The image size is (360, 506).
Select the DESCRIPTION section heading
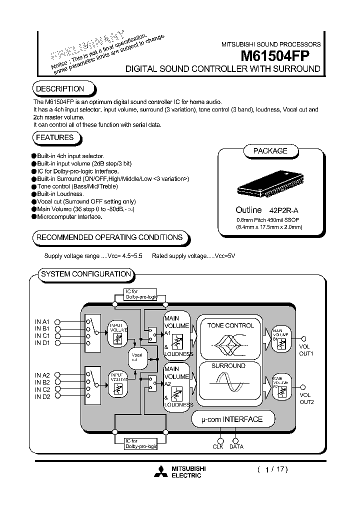(x=59, y=89)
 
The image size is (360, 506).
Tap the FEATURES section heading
(x=55, y=137)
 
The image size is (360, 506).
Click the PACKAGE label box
(x=270, y=150)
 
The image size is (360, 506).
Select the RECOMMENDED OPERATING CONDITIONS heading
(x=109, y=237)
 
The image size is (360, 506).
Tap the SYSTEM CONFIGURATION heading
(x=86, y=274)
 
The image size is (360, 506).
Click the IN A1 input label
(x=42, y=321)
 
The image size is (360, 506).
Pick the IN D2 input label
(x=42, y=396)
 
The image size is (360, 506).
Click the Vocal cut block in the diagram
(x=136, y=357)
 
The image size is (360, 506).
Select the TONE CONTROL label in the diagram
(x=230, y=325)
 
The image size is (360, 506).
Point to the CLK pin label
(x=218, y=446)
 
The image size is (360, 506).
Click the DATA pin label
(x=236, y=446)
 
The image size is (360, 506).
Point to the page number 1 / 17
(x=272, y=469)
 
